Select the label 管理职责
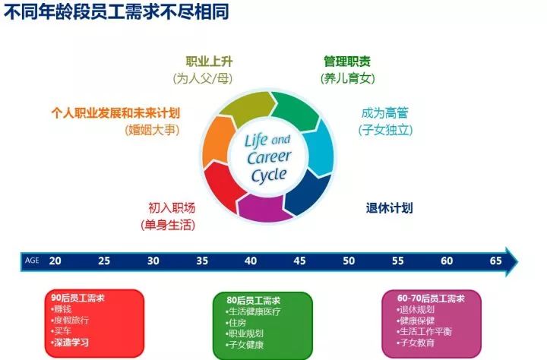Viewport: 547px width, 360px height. pos(348,62)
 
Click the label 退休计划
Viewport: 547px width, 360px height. pos(389,208)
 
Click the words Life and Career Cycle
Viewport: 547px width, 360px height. pos(267,158)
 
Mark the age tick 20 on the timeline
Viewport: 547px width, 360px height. pos(55,261)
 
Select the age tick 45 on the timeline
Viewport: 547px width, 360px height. pos(299,261)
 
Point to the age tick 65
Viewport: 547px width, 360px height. pos(495,261)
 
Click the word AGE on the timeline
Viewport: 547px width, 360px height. pos(32,261)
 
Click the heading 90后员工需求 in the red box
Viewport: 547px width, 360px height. pos(78,298)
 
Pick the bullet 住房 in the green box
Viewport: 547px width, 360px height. pos(239,323)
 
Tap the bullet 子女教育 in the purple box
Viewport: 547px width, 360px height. pos(416,343)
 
